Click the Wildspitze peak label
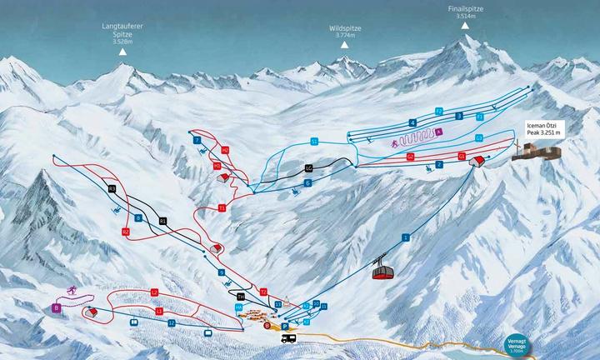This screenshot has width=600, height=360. (344, 32)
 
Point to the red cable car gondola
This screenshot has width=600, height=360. (383, 271)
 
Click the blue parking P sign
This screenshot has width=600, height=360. (284, 327)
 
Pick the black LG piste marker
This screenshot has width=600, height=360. (308, 168)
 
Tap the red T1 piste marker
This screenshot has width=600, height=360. (222, 207)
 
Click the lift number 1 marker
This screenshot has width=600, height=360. (406, 237)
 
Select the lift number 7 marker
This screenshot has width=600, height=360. (197, 141)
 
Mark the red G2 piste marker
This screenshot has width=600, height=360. (410, 156)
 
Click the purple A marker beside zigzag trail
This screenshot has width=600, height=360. (438, 132)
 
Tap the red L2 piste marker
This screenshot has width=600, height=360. (154, 292)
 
